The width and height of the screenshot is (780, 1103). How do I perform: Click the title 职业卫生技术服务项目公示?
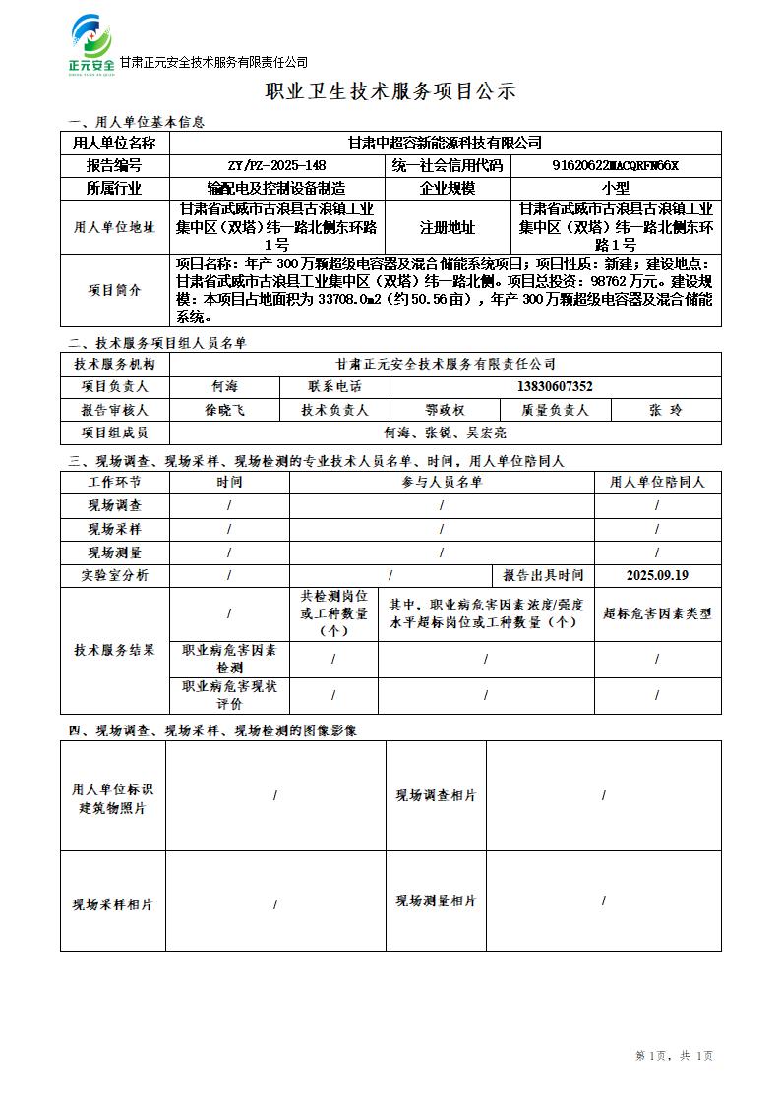(390, 92)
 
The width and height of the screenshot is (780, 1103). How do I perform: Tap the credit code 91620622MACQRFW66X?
(616, 165)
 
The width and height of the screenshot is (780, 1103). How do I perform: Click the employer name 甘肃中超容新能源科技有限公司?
(445, 144)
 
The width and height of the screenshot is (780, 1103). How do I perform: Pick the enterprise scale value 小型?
(616, 188)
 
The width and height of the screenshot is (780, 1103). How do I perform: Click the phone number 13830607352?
(555, 386)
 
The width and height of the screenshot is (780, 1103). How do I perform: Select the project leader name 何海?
(224, 386)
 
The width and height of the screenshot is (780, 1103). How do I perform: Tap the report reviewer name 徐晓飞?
(224, 410)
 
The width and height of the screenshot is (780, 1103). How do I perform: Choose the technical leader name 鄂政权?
(445, 410)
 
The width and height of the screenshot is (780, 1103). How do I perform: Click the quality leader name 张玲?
(665, 410)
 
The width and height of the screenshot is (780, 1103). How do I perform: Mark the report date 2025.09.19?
(657, 575)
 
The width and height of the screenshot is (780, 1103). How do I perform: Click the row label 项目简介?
(114, 290)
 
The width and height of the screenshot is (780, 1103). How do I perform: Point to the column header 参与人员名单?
(442, 482)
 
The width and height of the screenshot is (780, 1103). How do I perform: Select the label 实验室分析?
(114, 575)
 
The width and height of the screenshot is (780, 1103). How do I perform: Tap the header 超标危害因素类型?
(657, 613)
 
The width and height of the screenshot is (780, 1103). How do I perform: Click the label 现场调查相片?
(436, 795)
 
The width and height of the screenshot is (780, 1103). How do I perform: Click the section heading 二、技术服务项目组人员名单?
(157, 343)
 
